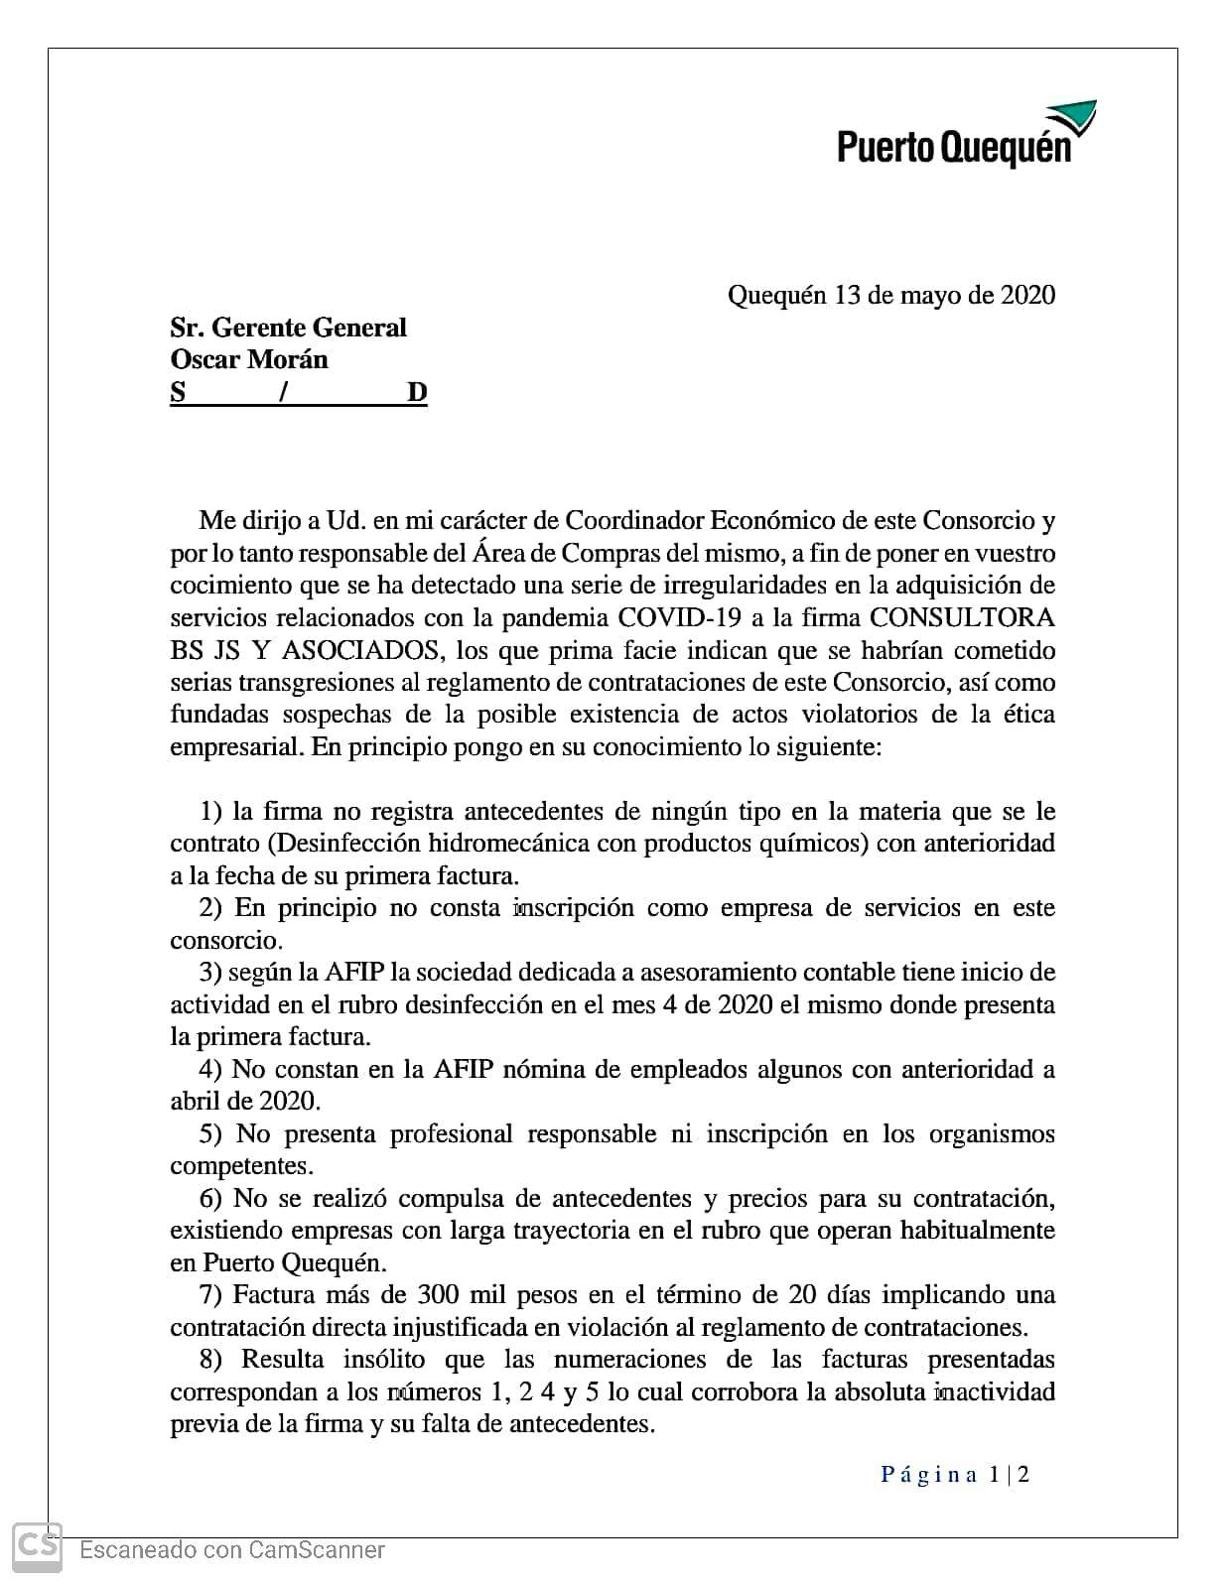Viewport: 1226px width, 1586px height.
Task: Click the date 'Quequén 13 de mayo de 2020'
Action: (x=890, y=295)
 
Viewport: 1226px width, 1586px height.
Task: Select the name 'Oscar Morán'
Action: (x=249, y=359)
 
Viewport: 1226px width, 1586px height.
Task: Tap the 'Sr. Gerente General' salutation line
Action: (x=288, y=328)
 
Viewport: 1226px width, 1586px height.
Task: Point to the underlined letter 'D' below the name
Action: (x=417, y=392)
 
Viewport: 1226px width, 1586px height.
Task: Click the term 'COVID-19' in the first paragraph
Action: (x=679, y=617)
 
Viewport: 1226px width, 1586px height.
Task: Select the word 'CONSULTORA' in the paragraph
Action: (x=961, y=617)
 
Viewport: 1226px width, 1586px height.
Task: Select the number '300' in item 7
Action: (x=437, y=1294)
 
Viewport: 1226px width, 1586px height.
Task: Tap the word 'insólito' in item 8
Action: (x=384, y=1359)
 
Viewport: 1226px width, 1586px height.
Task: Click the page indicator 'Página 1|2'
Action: (x=954, y=1474)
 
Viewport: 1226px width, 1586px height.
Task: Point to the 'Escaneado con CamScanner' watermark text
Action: (x=231, y=1549)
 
